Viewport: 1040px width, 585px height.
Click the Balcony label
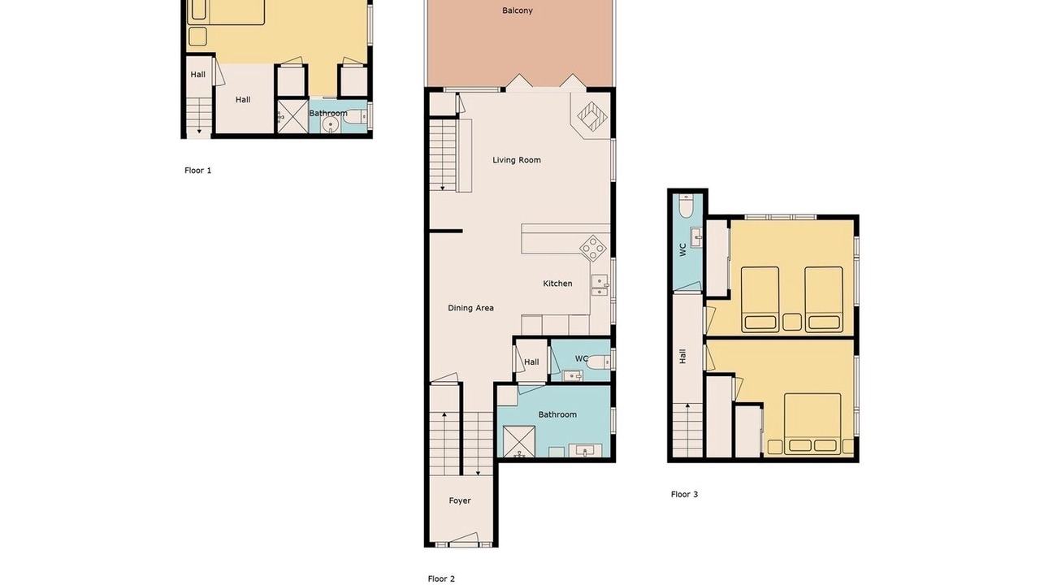click(x=518, y=11)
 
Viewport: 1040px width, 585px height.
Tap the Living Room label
click(x=516, y=160)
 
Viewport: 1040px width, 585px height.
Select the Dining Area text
click(x=470, y=308)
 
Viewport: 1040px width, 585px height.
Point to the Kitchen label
click(x=557, y=284)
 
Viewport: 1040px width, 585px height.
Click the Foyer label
click(x=460, y=500)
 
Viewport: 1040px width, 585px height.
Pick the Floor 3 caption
click(x=684, y=494)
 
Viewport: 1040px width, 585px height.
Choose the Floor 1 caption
click(x=197, y=171)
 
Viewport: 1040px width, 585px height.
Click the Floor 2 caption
click(x=441, y=578)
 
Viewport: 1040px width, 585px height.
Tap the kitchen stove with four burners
click(x=593, y=248)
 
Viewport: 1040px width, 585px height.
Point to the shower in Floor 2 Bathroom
click(x=518, y=441)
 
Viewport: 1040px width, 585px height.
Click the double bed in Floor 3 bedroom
click(x=812, y=424)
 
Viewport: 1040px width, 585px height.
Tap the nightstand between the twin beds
click(x=792, y=322)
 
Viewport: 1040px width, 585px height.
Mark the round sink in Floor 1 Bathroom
click(x=331, y=124)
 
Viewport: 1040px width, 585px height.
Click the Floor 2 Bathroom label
click(x=557, y=414)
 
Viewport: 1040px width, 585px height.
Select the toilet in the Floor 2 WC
click(x=599, y=362)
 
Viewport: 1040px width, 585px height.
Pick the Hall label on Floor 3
click(x=682, y=357)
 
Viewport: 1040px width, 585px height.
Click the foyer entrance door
click(x=463, y=538)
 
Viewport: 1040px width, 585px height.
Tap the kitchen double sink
click(x=600, y=285)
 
